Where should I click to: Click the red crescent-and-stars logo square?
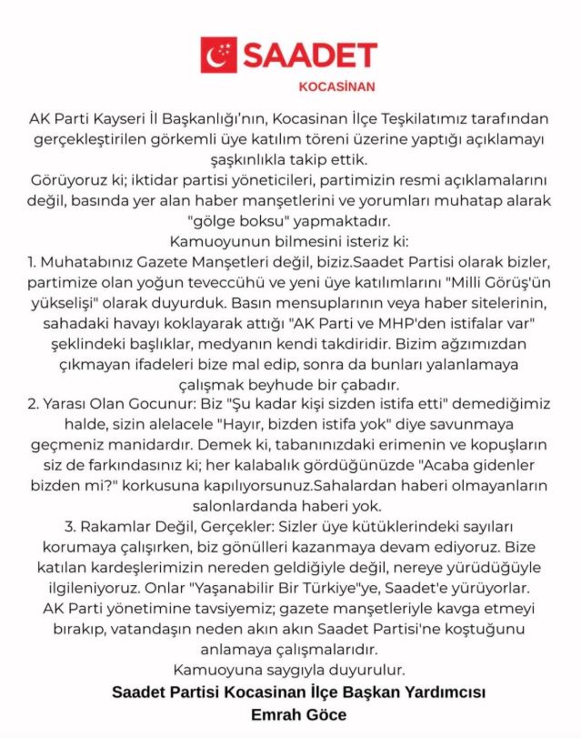pos(219,56)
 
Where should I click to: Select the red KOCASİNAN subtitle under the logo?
pos(336,88)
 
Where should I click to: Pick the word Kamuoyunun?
pos(212,241)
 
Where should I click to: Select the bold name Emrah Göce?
pos(299,714)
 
